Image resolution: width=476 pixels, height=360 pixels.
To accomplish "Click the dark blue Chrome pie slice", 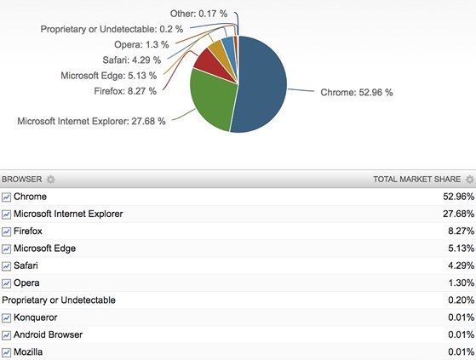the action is (261, 85).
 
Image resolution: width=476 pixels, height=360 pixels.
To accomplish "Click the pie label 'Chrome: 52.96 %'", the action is (357, 93).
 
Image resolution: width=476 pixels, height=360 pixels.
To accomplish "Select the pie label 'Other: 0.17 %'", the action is (198, 14).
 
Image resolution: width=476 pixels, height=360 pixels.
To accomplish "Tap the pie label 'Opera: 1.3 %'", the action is (141, 44).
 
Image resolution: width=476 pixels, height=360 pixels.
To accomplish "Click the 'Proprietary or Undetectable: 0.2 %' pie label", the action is (112, 29).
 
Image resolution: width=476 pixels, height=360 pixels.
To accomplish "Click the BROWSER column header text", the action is (22, 180).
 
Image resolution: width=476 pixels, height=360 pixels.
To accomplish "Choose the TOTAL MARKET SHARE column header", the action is (416, 180).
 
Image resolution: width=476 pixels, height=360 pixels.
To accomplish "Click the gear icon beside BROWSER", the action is (51, 180).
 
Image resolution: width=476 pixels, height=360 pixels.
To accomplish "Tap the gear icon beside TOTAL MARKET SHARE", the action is (470, 180).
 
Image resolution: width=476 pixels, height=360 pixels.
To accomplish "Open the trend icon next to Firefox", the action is (6, 231).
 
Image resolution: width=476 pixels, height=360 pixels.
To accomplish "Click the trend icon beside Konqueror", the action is (6, 317).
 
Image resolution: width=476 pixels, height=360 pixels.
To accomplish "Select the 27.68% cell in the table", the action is (458, 214).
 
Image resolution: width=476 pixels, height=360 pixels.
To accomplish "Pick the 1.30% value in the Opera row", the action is (462, 283).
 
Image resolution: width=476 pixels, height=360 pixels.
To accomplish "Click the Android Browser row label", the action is (48, 334).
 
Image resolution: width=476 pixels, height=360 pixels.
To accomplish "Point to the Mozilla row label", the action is (28, 352).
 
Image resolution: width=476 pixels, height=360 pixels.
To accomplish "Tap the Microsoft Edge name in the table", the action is (44, 249).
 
